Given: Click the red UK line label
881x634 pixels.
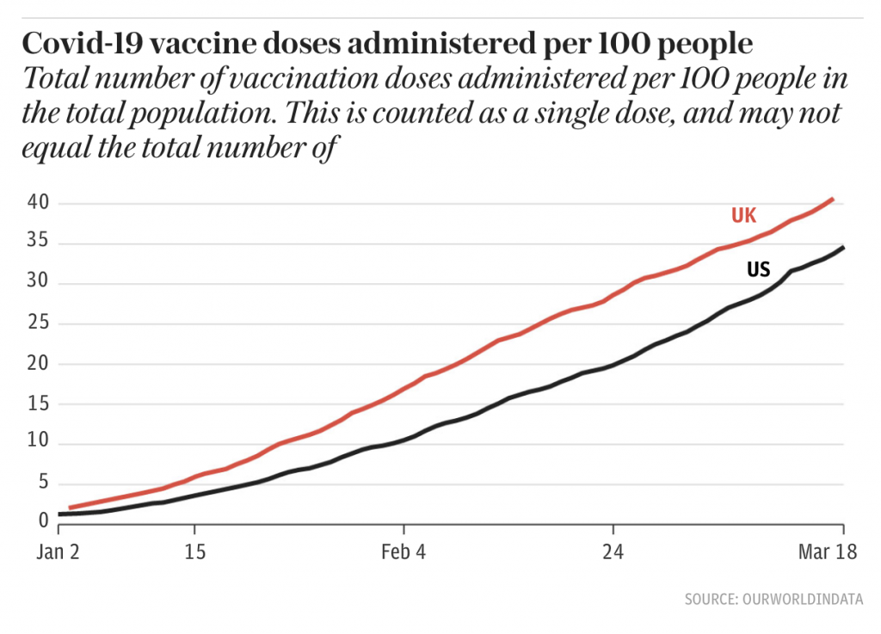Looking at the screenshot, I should pos(743,215).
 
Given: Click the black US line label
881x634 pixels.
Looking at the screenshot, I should pos(757,269).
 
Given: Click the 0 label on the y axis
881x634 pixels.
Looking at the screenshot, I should pos(40,520).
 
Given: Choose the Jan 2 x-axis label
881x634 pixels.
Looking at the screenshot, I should pos(58,551).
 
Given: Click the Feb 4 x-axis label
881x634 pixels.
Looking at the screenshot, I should pos(403,551).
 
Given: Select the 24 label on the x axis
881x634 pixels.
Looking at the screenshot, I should pos(613,551).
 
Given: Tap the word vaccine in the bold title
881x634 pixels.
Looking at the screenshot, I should pos(190,44).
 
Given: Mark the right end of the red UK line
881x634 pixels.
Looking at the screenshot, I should pos(833,200).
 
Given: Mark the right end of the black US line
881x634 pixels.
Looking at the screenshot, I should pos(843,248).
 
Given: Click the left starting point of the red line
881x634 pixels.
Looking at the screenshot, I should pos(70,508).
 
